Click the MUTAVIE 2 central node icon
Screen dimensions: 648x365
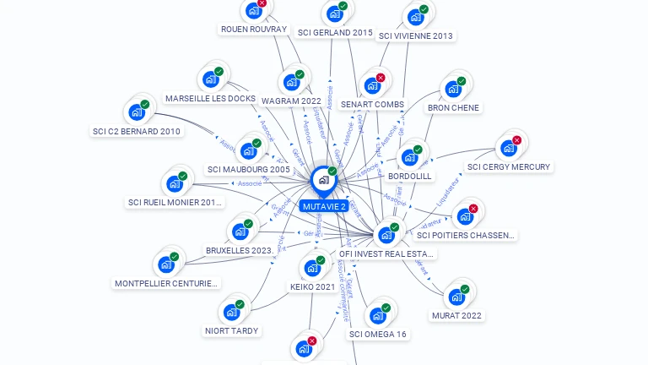click(x=323, y=179)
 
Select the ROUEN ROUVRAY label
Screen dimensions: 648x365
click(x=254, y=29)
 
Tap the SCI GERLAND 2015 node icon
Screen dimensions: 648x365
click(x=334, y=14)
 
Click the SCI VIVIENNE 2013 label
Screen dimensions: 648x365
click(x=416, y=36)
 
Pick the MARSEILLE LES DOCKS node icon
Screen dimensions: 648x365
click(x=209, y=80)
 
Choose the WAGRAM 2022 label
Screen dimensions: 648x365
click(x=291, y=101)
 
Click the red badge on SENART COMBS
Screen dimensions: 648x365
click(x=381, y=78)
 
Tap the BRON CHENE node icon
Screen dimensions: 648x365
click(x=453, y=89)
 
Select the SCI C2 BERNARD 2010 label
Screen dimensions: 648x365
click(x=137, y=131)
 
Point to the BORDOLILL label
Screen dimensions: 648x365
click(x=410, y=176)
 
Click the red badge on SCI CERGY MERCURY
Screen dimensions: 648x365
click(x=517, y=140)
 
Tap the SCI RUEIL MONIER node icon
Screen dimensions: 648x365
click(x=175, y=183)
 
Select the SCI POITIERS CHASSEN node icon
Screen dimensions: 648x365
click(x=464, y=215)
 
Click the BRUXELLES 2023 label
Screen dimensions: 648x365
click(x=239, y=250)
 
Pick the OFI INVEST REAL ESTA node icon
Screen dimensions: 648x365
click(x=386, y=234)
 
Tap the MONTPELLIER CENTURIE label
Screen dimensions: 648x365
click(x=167, y=283)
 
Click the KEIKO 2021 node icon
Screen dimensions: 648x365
click(x=312, y=269)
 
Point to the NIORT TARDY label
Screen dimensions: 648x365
click(x=232, y=330)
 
